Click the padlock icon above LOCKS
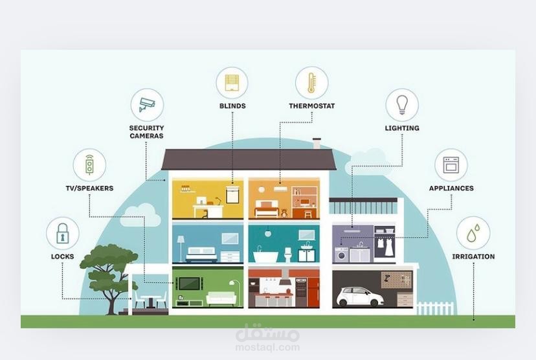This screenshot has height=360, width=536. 63,233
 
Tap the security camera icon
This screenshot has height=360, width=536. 147,104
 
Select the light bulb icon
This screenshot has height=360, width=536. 401,105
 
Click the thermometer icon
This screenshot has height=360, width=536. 311,83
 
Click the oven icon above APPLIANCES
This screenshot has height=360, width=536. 451,165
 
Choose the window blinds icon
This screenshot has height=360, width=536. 232,83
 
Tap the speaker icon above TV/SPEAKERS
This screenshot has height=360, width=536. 89,165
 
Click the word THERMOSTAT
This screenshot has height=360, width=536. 311,106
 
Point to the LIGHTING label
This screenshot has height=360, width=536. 401,128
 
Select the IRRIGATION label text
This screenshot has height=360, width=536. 473,256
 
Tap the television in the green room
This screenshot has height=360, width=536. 189,284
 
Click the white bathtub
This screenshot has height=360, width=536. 265,256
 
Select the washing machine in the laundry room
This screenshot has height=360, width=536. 341,254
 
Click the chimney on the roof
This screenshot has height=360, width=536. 317,143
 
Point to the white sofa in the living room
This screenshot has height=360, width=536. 221,298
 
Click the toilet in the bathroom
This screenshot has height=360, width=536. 288,254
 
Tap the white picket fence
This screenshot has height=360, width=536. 435,308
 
